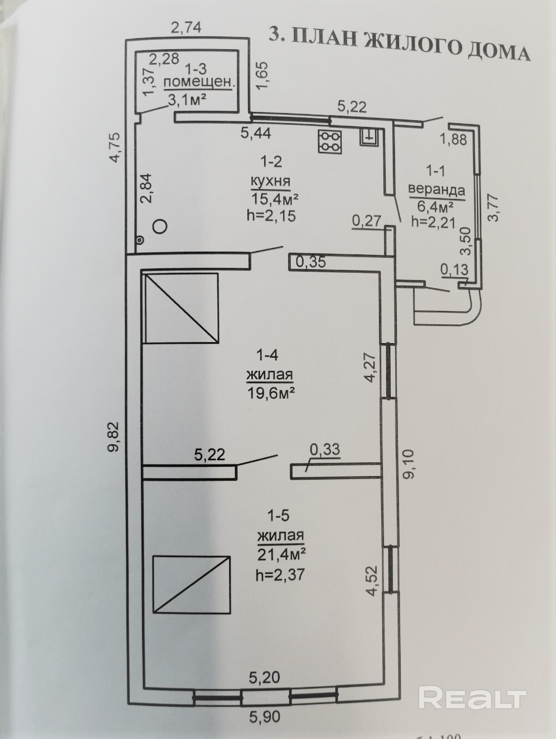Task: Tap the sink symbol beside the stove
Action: [x=370, y=136]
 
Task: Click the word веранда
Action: [x=436, y=190]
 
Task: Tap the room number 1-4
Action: [x=267, y=355]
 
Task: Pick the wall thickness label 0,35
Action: [x=310, y=262]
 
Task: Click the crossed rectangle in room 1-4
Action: [x=181, y=308]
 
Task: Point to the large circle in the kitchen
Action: [x=160, y=226]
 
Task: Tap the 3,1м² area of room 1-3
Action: [x=187, y=100]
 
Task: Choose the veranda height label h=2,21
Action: [x=433, y=222]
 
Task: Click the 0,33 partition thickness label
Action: [x=325, y=450]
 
